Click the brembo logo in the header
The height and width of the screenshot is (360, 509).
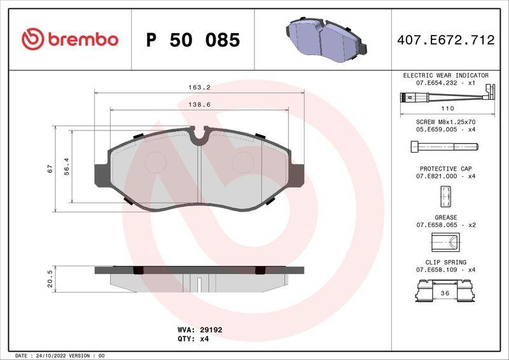click(70, 39)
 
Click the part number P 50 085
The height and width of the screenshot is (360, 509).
click(193, 40)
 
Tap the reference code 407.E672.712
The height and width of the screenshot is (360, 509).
click(445, 40)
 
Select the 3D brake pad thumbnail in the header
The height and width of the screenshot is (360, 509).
click(324, 39)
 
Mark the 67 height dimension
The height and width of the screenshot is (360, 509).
click(49, 169)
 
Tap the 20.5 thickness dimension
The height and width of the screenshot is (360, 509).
click(49, 278)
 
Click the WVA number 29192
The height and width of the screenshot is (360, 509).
click(211, 330)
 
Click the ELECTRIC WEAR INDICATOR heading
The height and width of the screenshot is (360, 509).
click(445, 75)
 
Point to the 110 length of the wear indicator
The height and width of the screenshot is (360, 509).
click(447, 109)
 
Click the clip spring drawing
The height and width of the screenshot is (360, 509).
click(445, 293)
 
